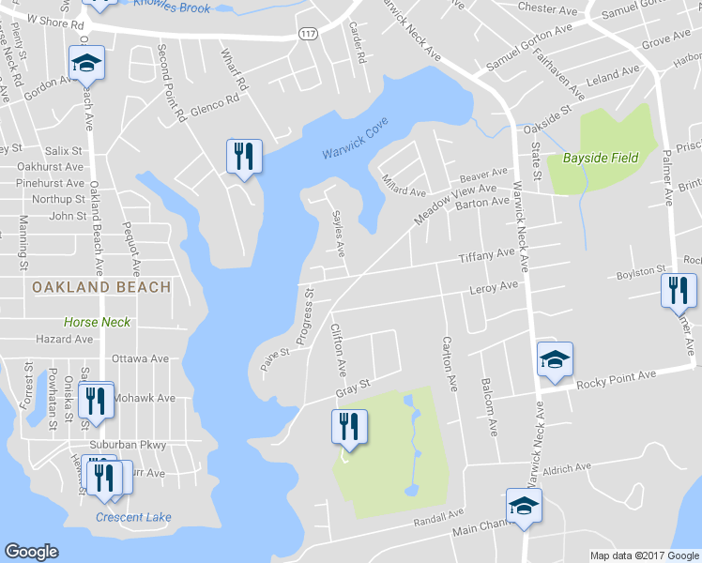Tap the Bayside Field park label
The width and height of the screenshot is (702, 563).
click(600, 158)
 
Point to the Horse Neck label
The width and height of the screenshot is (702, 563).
click(99, 322)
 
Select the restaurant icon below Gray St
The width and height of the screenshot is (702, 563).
click(347, 427)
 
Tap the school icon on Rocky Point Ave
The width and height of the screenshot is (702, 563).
click(554, 359)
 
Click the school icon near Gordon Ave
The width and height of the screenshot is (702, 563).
click(86, 64)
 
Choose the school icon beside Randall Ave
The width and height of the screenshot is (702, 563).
click(524, 506)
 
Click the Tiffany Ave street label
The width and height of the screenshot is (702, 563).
click(486, 255)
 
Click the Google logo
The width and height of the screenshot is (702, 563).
click(31, 552)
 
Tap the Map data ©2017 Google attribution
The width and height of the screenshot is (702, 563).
click(644, 555)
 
